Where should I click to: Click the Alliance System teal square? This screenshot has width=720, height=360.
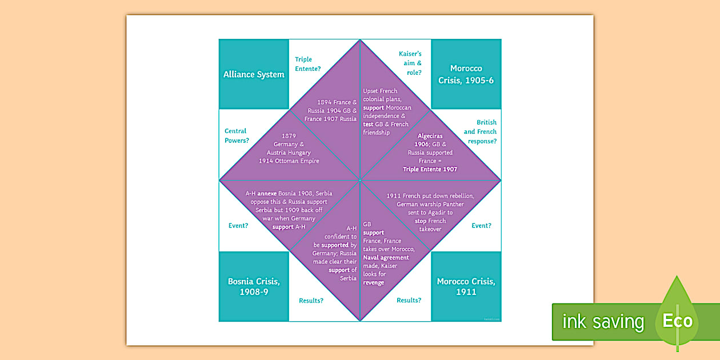254,74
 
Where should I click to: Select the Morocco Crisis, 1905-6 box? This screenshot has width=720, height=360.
466,74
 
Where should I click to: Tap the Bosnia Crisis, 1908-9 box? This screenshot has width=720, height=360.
254,286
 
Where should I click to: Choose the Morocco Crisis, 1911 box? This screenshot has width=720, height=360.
466,286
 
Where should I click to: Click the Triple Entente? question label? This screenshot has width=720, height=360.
307,64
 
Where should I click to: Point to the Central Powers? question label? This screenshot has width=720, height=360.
237,135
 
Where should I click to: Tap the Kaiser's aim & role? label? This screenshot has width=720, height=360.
410,63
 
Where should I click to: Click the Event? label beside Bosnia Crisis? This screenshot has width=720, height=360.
238,226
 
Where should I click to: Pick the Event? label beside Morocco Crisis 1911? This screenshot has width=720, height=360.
481,226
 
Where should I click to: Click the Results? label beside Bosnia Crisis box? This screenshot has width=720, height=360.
311,300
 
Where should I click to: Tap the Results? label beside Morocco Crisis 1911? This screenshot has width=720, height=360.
409,300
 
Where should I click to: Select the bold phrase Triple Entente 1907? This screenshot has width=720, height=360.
430,169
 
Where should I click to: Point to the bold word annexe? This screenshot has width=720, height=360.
267,194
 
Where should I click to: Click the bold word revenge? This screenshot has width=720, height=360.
373,282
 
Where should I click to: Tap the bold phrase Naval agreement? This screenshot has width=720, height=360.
386,258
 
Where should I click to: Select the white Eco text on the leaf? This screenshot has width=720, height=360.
678,321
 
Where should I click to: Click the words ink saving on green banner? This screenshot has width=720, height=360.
603,322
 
